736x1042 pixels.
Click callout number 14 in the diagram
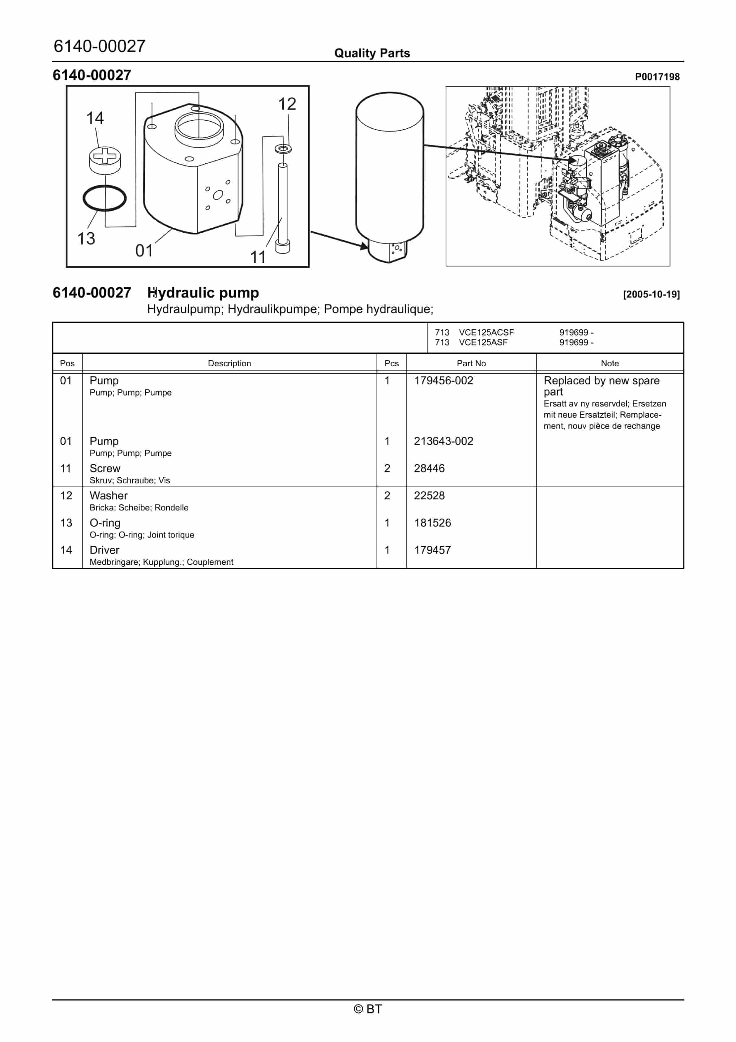point(95,118)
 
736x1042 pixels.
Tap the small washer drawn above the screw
point(283,149)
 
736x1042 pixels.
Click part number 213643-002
point(443,441)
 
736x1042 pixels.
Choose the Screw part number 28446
point(429,468)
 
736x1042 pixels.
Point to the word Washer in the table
point(109,496)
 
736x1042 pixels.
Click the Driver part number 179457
point(432,550)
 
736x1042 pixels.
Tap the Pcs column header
point(391,364)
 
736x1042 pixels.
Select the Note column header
point(610,364)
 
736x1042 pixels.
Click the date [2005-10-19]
point(651,294)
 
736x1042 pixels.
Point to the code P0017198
point(657,77)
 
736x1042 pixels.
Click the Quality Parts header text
point(372,53)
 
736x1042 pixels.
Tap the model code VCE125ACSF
point(486,332)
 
